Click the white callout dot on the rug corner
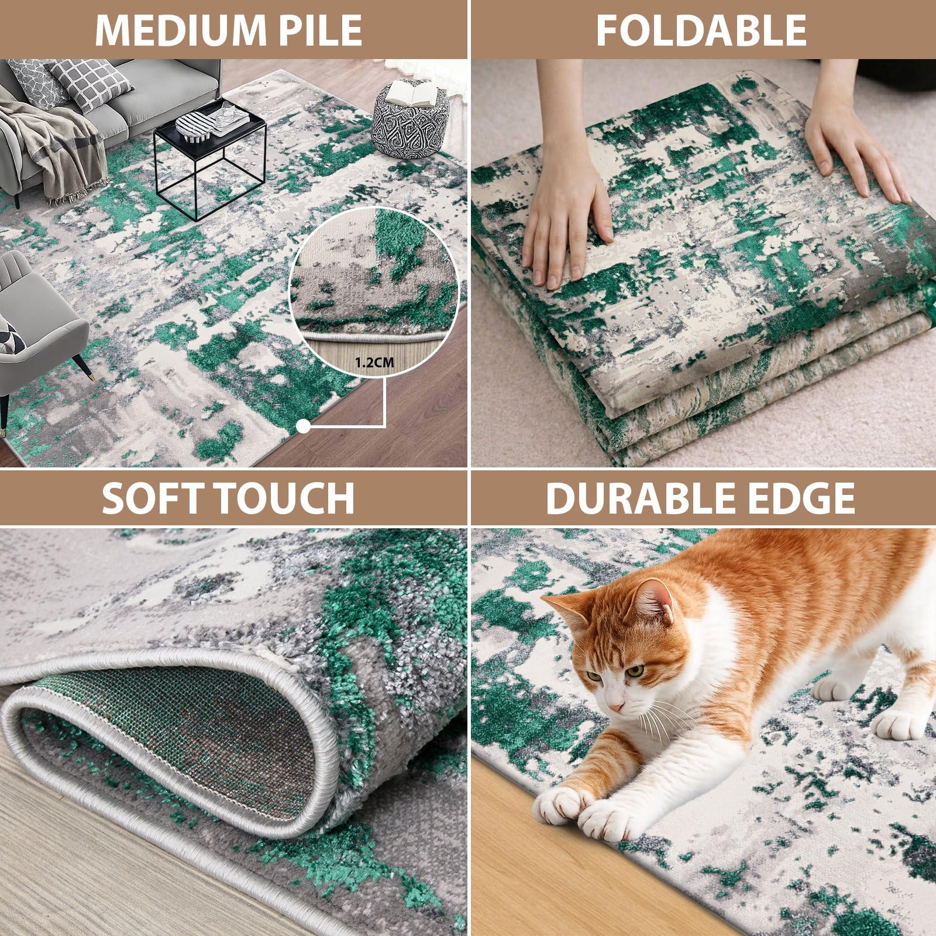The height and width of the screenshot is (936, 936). [303, 427]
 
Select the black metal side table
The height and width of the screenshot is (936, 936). [209, 149]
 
